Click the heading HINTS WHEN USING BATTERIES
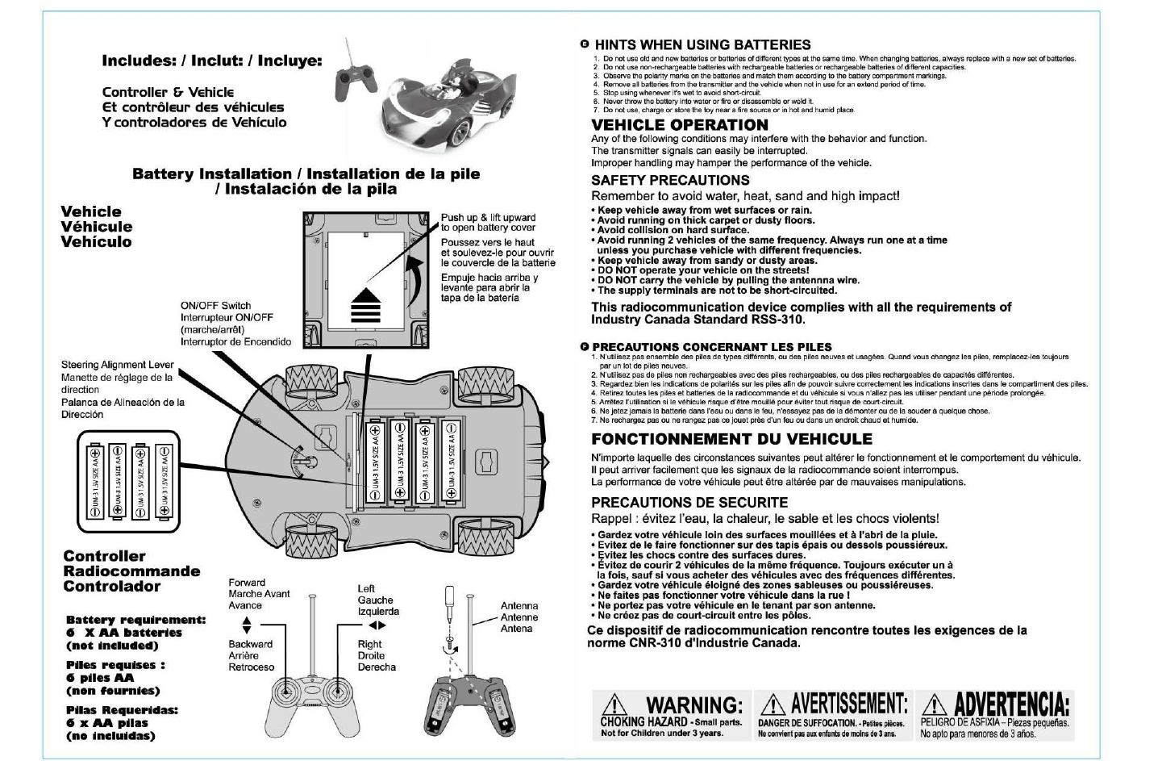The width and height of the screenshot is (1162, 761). (x=702, y=45)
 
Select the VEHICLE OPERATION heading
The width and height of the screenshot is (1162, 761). (x=679, y=125)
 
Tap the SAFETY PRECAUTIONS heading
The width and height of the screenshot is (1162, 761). (x=670, y=180)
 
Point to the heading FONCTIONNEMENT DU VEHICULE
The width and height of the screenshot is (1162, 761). (x=731, y=439)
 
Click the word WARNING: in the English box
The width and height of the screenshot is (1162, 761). (x=693, y=706)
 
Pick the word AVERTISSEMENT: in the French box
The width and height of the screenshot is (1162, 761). (x=849, y=705)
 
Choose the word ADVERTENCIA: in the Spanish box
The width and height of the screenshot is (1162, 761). (x=1012, y=705)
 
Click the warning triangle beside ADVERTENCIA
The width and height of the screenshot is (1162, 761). (x=935, y=706)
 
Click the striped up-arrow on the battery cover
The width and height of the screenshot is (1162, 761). (x=365, y=304)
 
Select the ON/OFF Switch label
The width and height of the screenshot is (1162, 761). (x=215, y=306)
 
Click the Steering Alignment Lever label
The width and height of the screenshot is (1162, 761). (x=117, y=365)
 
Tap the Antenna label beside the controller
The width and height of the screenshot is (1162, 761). (x=519, y=605)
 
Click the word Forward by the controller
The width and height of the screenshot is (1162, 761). (x=247, y=583)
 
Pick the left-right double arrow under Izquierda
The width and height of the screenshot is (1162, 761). (x=377, y=625)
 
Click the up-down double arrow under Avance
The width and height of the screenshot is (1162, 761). (x=247, y=625)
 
